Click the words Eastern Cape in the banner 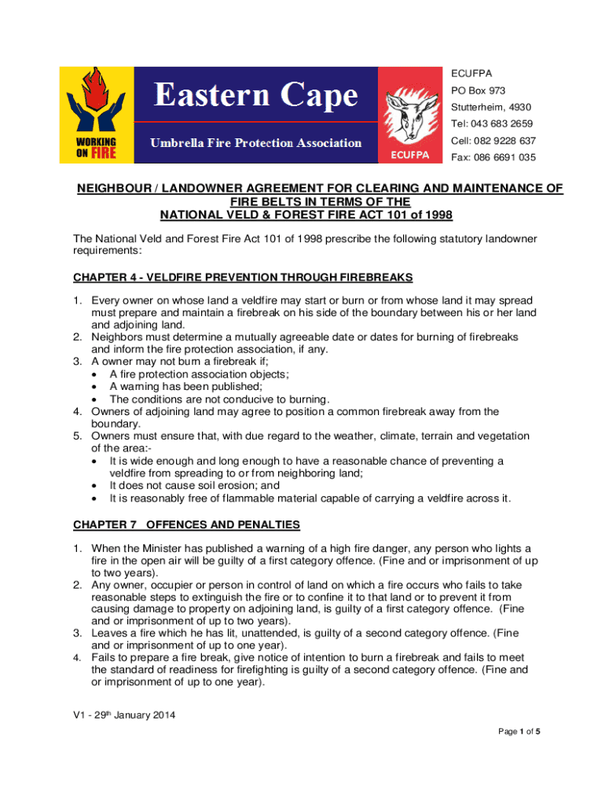coord(255,97)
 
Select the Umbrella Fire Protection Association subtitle coord(256,143)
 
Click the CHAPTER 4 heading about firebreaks coord(243,278)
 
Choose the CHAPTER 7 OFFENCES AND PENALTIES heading coord(186,524)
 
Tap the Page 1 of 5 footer coord(519,732)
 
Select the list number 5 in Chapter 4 coord(77,436)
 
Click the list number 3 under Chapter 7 coord(77,632)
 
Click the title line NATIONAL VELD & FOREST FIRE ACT coord(306,215)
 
